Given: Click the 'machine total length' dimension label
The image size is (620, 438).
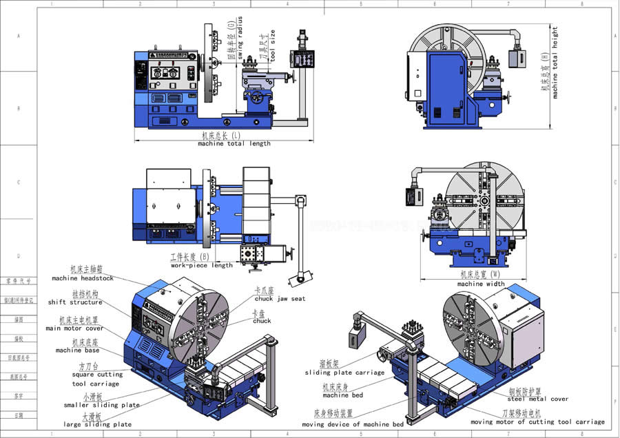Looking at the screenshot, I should [234, 144].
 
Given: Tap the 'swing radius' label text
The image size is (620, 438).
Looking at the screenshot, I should [240, 38].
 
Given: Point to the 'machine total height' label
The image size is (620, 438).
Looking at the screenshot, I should [555, 62].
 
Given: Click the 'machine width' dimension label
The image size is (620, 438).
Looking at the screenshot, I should [480, 284].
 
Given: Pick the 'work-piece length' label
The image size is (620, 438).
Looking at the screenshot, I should [202, 265].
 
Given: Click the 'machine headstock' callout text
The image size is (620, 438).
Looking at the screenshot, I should [83, 278].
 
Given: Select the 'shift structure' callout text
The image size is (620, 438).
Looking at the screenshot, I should [75, 302].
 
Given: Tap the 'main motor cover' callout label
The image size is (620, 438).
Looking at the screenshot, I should [75, 328].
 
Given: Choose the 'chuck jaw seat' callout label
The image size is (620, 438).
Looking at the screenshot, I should [280, 299].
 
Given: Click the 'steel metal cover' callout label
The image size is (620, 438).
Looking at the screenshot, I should [538, 399].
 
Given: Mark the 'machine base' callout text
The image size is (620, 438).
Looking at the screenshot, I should [79, 350].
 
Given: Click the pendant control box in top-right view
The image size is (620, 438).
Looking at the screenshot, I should [517, 57].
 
